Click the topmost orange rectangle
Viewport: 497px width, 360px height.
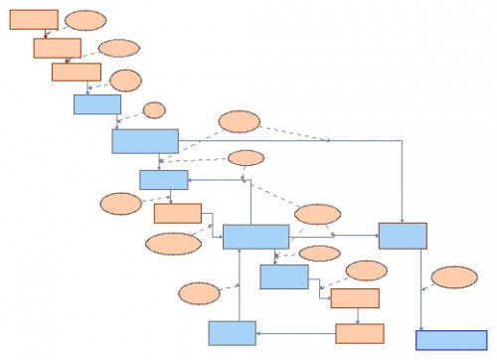click(34, 19)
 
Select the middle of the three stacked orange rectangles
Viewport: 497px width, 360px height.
click(177, 213)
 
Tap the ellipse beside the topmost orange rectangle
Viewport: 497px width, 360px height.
click(85, 20)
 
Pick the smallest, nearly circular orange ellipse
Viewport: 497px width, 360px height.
click(154, 109)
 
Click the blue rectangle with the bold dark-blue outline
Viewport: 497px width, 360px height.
click(450, 340)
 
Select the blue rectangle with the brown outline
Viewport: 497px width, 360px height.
click(403, 236)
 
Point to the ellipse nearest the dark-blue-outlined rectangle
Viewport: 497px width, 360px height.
click(454, 276)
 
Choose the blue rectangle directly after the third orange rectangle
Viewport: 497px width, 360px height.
click(96, 104)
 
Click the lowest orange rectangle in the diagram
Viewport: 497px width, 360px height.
click(360, 333)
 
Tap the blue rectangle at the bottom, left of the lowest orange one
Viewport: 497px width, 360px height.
click(232, 332)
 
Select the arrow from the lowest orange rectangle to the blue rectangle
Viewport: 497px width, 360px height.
click(295, 334)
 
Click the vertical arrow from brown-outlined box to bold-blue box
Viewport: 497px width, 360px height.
click(419, 288)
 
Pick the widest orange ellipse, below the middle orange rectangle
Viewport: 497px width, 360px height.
click(173, 244)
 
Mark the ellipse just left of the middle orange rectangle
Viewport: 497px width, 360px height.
click(121, 204)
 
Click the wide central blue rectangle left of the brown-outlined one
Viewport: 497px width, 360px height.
click(255, 236)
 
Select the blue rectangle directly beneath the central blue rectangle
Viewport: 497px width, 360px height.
click(284, 276)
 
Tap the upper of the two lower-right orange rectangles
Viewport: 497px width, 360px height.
click(355, 298)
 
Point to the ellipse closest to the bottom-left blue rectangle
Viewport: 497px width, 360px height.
click(199, 293)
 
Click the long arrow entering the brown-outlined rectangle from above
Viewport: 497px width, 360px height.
click(402, 179)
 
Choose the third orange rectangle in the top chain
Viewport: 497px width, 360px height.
click(77, 72)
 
